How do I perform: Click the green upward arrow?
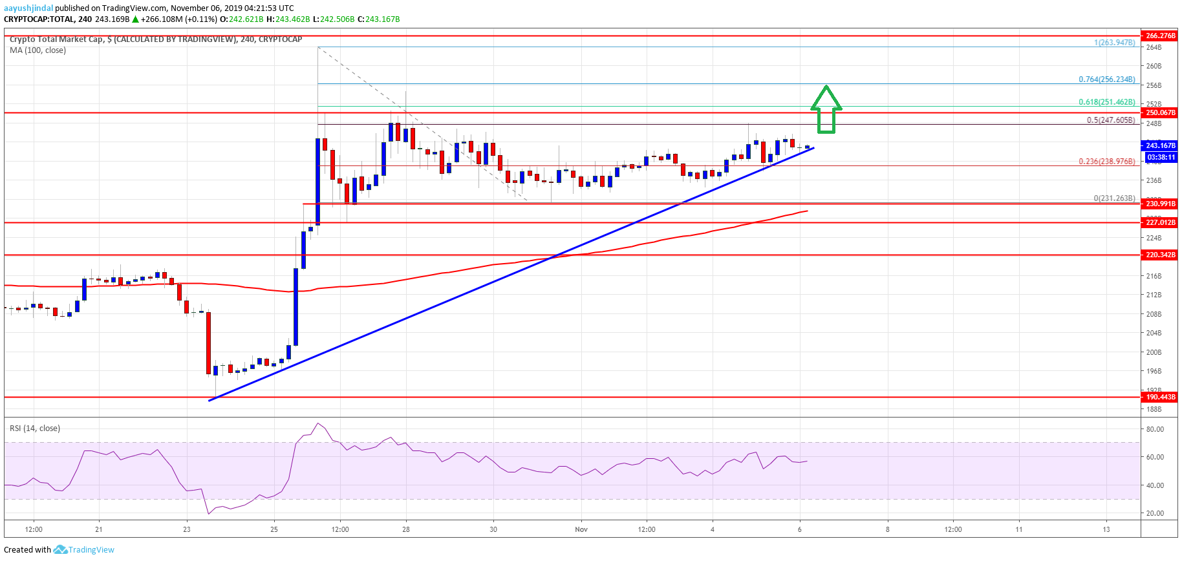(x=826, y=111)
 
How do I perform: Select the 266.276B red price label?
(x=1160, y=36)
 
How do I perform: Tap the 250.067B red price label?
(x=1160, y=112)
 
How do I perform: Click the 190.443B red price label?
(x=1160, y=397)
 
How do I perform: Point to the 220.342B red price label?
(x=1160, y=255)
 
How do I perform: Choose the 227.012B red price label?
(x=1160, y=222)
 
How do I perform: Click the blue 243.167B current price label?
(x=1160, y=145)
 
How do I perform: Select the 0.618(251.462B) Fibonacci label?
(x=1106, y=102)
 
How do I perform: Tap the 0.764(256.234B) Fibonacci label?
(x=1106, y=79)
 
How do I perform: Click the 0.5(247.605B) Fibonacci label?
(x=1110, y=120)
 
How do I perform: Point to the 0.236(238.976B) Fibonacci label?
(x=1106, y=162)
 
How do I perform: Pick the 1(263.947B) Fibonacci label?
(x=1114, y=43)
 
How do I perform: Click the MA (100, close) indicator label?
(x=38, y=50)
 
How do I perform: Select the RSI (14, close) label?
(x=35, y=429)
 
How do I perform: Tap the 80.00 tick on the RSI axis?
(x=1154, y=429)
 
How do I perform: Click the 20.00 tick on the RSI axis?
(x=1154, y=513)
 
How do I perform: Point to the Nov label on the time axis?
(x=581, y=529)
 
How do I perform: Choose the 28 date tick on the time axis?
(x=406, y=529)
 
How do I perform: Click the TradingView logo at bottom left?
(x=84, y=550)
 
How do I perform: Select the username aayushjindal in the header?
(x=28, y=8)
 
